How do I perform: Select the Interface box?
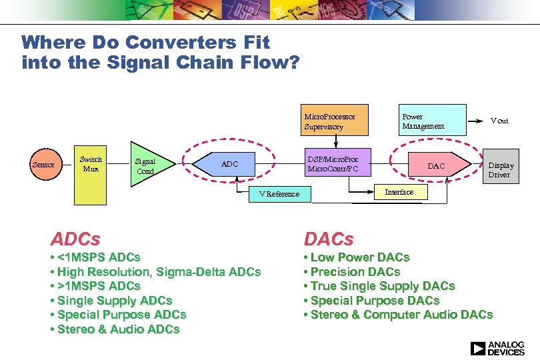pyautogui.click(x=399, y=192)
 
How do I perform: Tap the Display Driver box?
pyautogui.click(x=501, y=170)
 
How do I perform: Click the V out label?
pyautogui.click(x=499, y=121)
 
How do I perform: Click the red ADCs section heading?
pyautogui.click(x=75, y=239)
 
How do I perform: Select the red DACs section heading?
pyautogui.click(x=329, y=239)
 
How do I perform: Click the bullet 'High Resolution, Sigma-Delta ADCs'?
pyautogui.click(x=155, y=271)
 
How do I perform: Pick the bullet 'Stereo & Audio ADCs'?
pyautogui.click(x=115, y=329)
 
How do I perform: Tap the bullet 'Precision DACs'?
pyautogui.click(x=352, y=271)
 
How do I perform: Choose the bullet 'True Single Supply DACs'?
pyautogui.click(x=379, y=286)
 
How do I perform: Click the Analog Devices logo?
pyautogui.click(x=497, y=348)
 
